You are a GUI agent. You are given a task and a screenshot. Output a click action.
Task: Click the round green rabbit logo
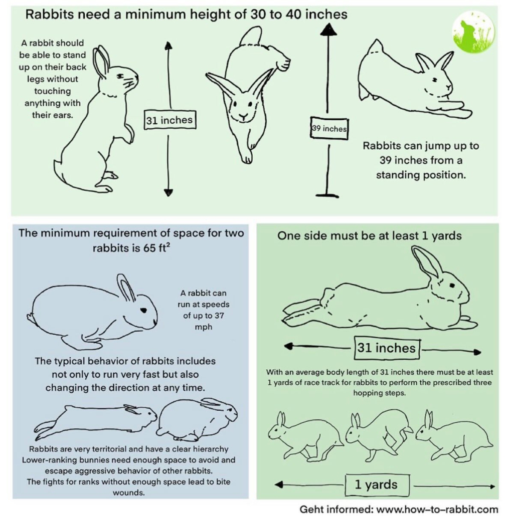point(473,32)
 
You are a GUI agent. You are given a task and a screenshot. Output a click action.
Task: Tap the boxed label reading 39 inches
point(329,128)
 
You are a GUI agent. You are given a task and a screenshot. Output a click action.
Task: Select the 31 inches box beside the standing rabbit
point(170,120)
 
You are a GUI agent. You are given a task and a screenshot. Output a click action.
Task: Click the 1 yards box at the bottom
point(377,485)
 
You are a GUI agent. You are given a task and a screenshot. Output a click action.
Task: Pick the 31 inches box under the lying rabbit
point(387,348)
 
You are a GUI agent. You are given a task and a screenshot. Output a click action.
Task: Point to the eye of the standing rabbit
point(120,76)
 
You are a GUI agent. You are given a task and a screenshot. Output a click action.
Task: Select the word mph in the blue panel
point(203,327)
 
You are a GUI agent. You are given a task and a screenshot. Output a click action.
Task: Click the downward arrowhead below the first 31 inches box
point(169,192)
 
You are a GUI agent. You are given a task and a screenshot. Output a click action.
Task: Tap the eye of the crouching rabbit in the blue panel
point(143,310)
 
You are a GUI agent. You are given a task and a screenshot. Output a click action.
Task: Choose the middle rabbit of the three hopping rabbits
point(379,434)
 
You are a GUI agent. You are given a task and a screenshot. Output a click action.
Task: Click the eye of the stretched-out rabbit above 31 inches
point(452,286)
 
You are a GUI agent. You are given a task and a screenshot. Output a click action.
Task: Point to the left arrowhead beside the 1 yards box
point(279,484)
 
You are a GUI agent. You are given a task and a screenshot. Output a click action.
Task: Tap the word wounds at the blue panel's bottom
point(129,492)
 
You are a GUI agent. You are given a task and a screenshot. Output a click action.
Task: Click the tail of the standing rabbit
point(58,170)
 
